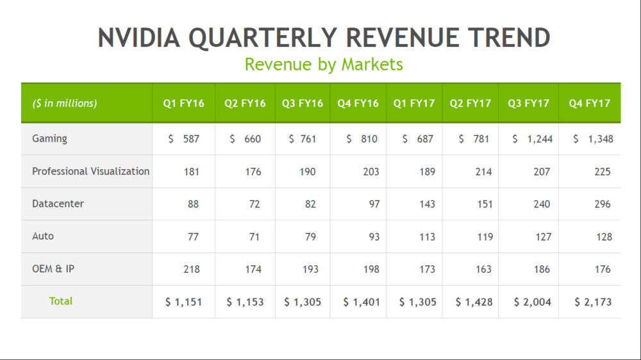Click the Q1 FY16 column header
click(183, 103)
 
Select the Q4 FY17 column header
click(589, 103)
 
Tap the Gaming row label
click(49, 138)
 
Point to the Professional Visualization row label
click(90, 171)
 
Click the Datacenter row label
click(58, 204)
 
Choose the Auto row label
click(43, 236)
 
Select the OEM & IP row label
click(53, 269)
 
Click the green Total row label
click(61, 301)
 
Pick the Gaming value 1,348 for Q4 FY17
click(593, 139)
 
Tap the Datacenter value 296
click(602, 204)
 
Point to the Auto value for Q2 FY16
click(254, 237)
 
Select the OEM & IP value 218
click(191, 270)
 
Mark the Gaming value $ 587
click(184, 139)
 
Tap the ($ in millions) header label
click(65, 103)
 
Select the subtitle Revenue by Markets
click(324, 64)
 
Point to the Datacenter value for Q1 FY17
click(426, 204)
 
